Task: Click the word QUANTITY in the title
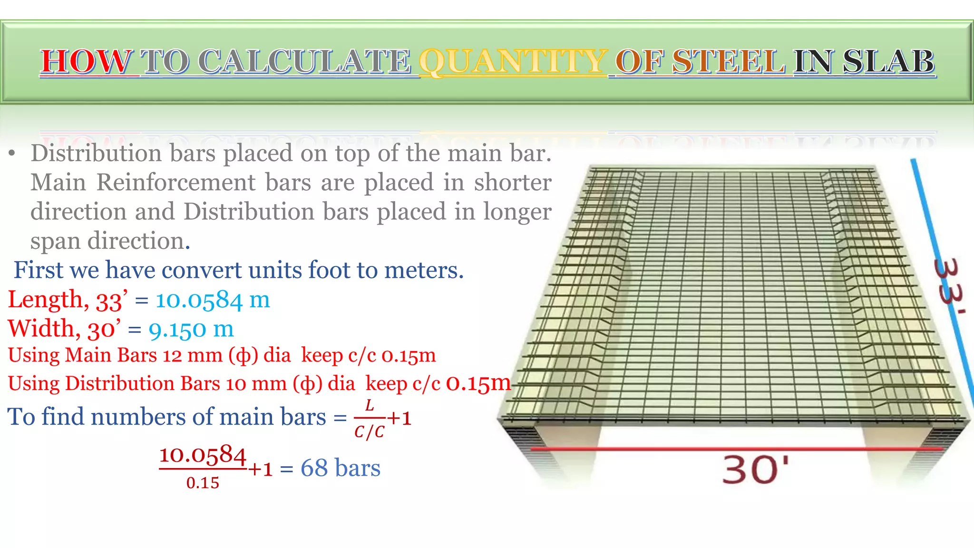[x=513, y=62]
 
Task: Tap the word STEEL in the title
[x=729, y=62]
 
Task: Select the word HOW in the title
[x=86, y=62]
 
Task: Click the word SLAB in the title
[x=888, y=62]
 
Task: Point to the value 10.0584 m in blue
[x=213, y=300]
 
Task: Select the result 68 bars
[x=340, y=468]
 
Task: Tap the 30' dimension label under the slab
[x=755, y=470]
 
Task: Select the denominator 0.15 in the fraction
[x=203, y=483]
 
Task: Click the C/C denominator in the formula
[x=369, y=432]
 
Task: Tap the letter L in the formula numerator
[x=369, y=406]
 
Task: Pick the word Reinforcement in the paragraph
[x=176, y=183]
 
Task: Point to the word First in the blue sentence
[x=39, y=270]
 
